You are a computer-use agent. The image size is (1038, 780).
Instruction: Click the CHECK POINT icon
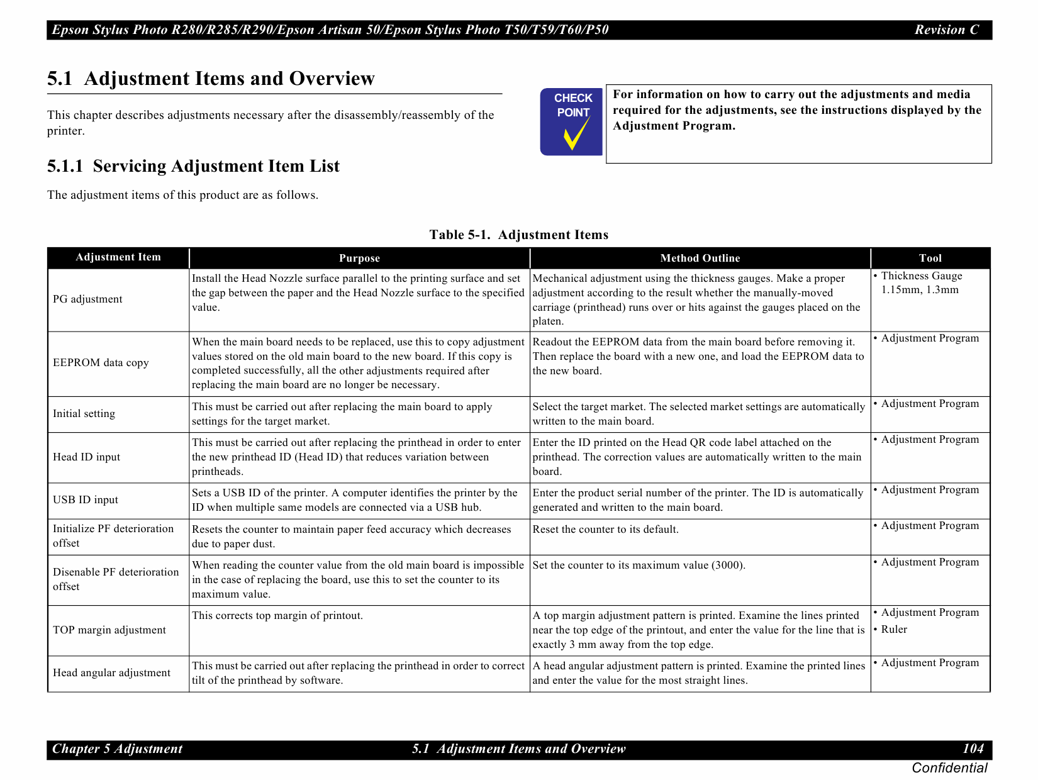(x=571, y=121)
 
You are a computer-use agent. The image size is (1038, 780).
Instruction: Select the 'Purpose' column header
(x=359, y=258)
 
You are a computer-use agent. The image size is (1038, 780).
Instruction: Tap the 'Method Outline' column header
(x=700, y=258)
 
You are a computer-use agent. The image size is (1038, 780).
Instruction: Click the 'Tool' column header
(x=930, y=258)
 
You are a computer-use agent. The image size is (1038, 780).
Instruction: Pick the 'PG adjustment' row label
(x=87, y=299)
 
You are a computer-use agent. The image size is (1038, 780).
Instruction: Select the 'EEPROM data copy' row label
(x=101, y=363)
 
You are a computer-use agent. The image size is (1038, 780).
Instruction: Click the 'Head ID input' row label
(x=86, y=457)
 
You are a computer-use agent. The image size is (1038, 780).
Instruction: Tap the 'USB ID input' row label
(x=86, y=500)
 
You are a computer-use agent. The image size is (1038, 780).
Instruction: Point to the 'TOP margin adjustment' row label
(x=109, y=630)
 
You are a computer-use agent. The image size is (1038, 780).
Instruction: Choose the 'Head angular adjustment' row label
(x=111, y=673)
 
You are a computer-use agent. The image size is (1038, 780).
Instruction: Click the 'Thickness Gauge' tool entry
(x=921, y=276)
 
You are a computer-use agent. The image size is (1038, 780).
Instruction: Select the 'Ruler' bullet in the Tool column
(x=893, y=630)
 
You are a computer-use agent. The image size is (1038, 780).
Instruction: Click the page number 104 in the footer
(x=973, y=749)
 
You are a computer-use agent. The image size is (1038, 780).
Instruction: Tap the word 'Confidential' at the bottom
(x=949, y=768)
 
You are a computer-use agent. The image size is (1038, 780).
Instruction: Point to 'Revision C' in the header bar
(x=947, y=30)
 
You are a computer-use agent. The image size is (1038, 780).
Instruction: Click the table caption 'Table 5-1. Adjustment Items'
(x=518, y=235)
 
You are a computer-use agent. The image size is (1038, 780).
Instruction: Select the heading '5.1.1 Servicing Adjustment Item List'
(x=193, y=166)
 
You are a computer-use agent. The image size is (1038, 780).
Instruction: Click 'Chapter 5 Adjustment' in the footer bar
(x=117, y=749)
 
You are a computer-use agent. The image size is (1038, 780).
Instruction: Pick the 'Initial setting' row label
(x=84, y=414)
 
